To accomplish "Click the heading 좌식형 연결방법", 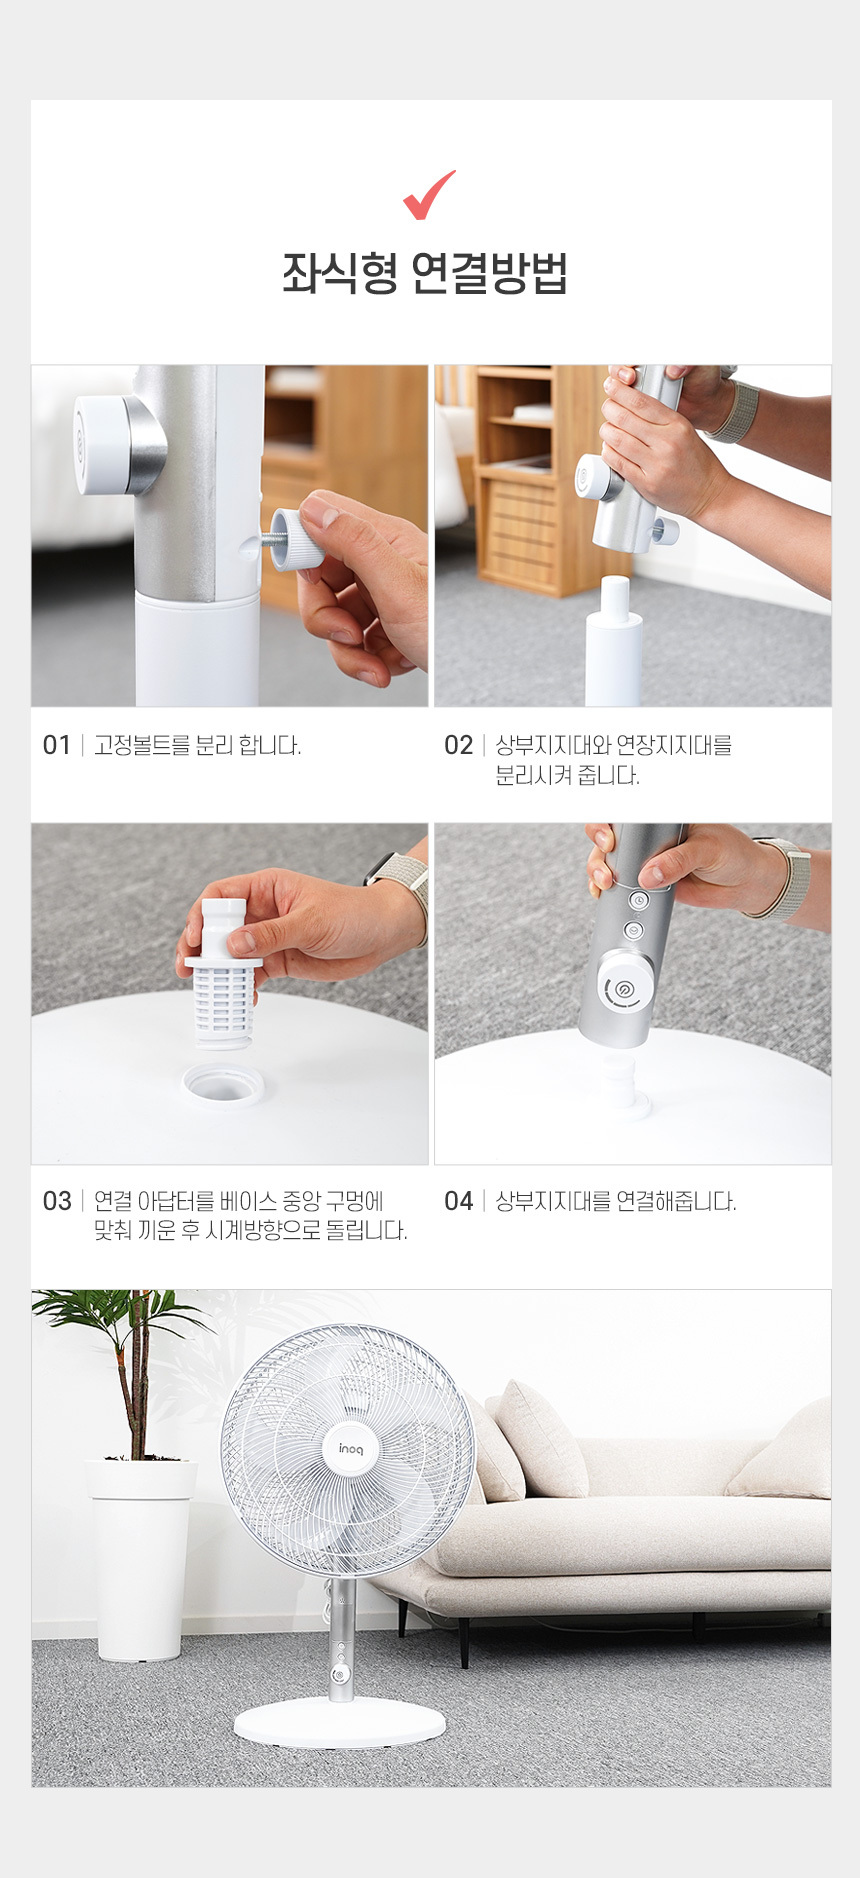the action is (425, 273).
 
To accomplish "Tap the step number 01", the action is (56, 745).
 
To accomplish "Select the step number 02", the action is (458, 745).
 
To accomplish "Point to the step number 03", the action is (57, 1201).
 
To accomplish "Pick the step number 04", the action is (458, 1201).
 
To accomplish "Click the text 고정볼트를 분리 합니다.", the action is (197, 745).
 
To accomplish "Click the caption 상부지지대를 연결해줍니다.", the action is (616, 1201).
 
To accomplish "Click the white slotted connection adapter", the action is (222, 975).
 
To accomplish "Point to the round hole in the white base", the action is (223, 1084).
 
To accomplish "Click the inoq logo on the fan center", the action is (351, 1449).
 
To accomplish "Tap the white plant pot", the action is (140, 1560).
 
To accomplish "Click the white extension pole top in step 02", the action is (614, 640).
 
